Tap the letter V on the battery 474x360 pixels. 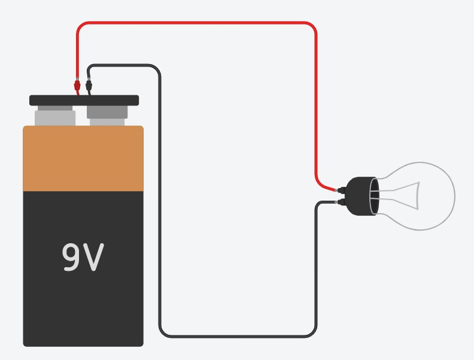94,257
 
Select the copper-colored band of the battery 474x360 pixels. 83,159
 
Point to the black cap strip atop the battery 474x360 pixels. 84,100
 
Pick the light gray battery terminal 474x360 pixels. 55,116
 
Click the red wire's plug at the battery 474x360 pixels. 77,85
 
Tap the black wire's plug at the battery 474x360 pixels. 89,85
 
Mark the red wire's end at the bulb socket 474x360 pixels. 339,191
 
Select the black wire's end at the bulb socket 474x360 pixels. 339,202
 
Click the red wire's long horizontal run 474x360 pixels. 197,23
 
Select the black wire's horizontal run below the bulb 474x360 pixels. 239,335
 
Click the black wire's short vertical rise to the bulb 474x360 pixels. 316,270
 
